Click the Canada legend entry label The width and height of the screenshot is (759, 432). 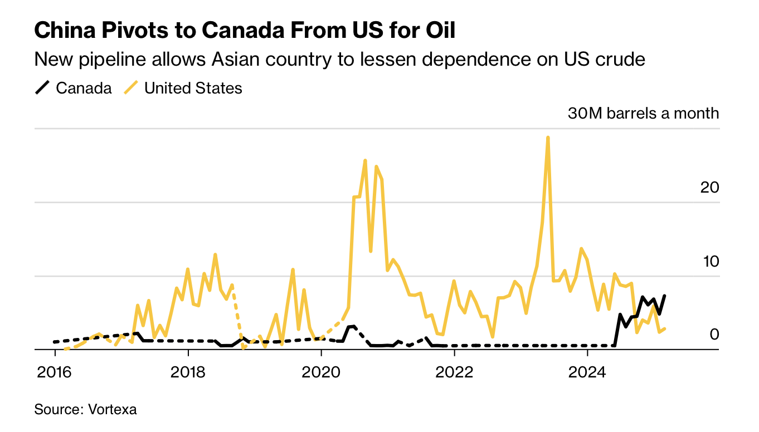click(x=84, y=88)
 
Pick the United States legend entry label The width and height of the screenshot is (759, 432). click(x=193, y=88)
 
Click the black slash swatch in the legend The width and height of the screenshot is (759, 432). click(x=43, y=88)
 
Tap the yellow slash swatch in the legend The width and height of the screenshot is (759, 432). click(x=131, y=88)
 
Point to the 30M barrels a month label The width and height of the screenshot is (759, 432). click(x=643, y=114)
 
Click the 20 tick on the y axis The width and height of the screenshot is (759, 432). click(x=709, y=188)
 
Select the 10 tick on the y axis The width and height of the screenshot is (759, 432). click(x=709, y=261)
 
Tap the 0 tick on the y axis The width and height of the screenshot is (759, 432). click(x=714, y=334)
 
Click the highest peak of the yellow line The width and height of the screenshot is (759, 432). click(x=548, y=138)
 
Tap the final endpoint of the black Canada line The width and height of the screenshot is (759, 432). click(x=665, y=296)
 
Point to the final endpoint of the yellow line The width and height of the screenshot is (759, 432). click(x=665, y=328)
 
